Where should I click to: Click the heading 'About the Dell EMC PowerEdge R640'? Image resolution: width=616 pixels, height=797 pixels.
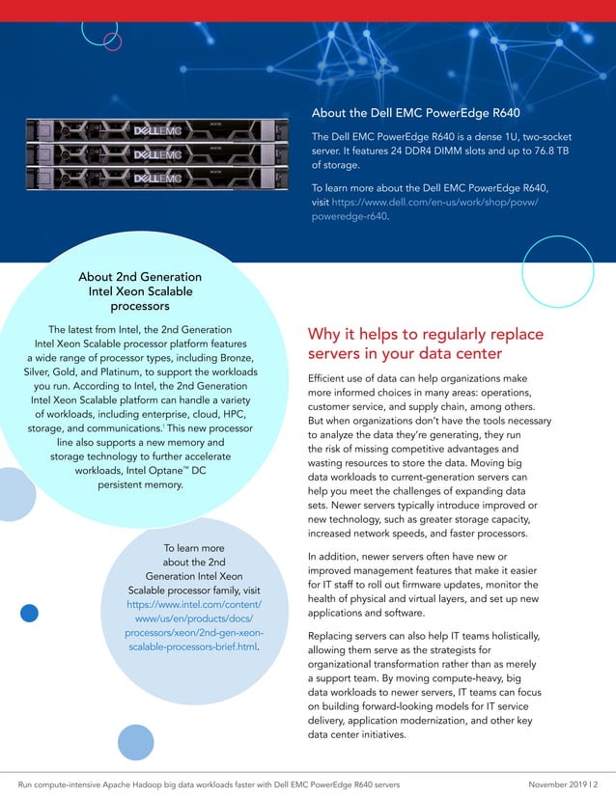416,113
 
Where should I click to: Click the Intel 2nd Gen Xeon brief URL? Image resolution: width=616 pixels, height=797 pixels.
194,618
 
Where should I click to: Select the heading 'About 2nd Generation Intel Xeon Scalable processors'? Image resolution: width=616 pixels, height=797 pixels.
140,291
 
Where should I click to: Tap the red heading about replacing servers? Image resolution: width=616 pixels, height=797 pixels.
425,344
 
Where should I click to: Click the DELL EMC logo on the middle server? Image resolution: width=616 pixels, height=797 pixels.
156,154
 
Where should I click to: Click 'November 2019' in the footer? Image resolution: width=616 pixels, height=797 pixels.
561,783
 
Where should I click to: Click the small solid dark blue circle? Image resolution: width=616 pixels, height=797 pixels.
29,613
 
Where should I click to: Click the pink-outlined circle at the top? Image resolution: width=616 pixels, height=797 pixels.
99,30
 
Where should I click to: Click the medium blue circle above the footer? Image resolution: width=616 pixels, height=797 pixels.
135,742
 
